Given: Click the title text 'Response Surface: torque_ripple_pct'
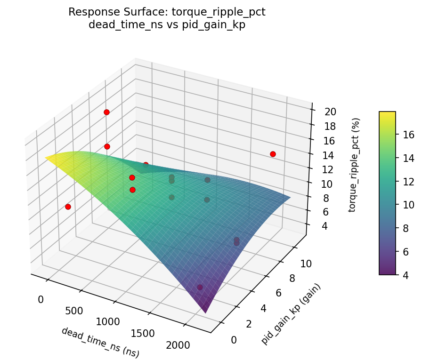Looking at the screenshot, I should tap(167, 12).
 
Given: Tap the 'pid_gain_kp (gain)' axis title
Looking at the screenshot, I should tap(291, 314).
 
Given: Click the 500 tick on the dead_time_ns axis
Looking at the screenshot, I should tap(74, 311).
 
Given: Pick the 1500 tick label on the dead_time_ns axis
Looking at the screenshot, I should tap(142, 333).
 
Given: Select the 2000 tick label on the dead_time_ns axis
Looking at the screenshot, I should tap(178, 345).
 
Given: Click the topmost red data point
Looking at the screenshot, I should tap(106, 112).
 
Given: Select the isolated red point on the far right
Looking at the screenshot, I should tap(273, 154).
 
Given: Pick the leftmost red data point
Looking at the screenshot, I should tap(68, 207).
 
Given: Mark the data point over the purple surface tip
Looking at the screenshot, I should tap(200, 287).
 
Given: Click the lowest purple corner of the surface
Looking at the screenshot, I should tap(205, 312).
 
